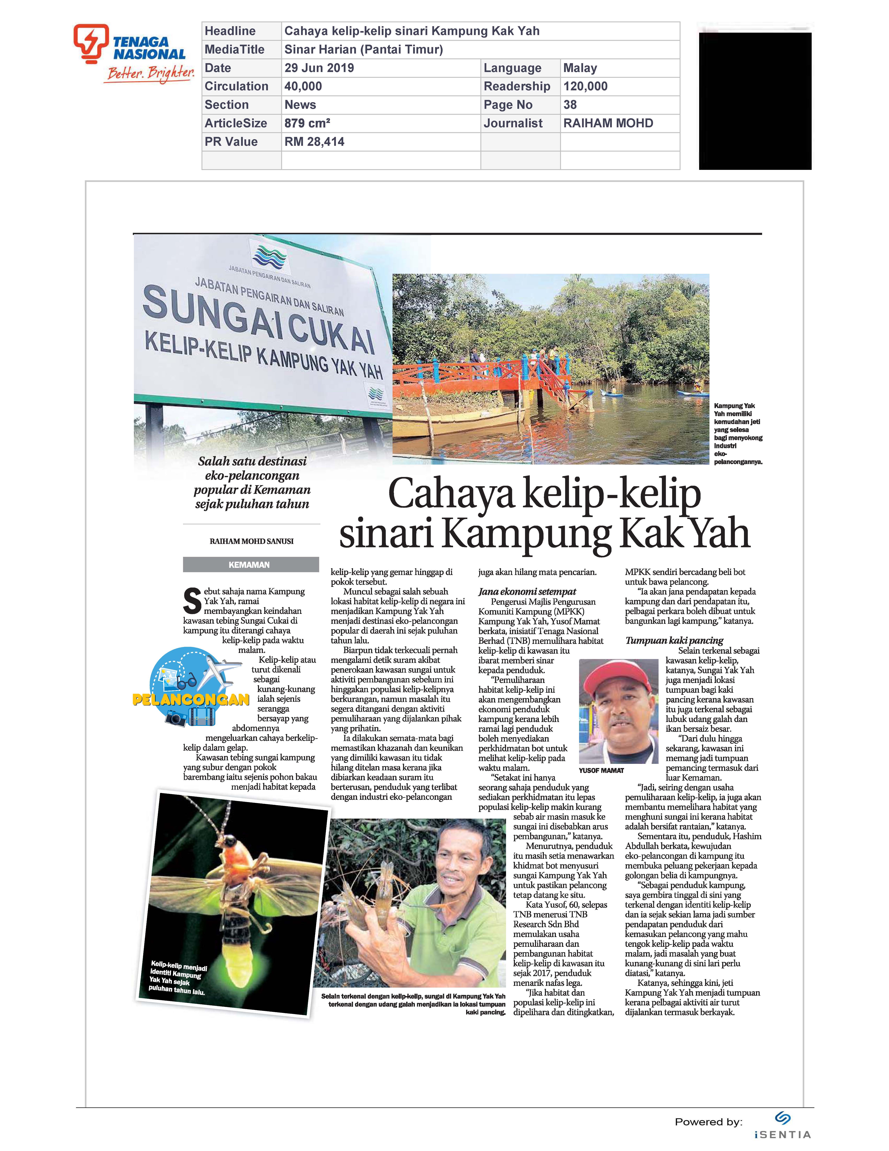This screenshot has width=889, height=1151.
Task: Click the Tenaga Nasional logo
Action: pyautogui.click(x=134, y=53)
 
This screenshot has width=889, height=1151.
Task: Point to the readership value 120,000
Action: pyautogui.click(x=585, y=86)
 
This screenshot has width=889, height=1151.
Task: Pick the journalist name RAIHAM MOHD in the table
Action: pyautogui.click(x=608, y=123)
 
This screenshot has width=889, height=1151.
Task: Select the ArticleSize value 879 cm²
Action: pyautogui.click(x=307, y=123)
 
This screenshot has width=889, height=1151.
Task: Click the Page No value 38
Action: pyautogui.click(x=570, y=105)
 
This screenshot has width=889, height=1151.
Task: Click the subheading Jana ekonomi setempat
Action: pyautogui.click(x=527, y=591)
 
